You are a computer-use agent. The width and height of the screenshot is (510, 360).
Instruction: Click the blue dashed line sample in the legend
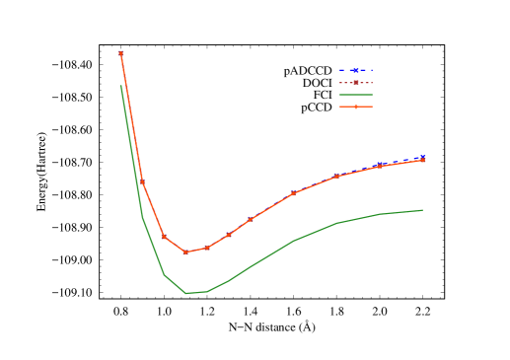[x=355, y=70]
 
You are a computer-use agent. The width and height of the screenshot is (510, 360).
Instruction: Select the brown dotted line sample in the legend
[x=355, y=83]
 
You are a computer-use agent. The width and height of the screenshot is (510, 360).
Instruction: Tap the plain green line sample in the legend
[x=355, y=95]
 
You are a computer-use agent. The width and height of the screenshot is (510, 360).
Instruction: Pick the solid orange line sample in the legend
[x=355, y=107]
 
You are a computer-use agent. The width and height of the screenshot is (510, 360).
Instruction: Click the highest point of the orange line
[x=120, y=53]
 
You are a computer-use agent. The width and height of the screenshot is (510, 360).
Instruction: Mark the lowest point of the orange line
[x=185, y=252]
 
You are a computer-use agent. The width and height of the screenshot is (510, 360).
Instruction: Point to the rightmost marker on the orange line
[x=422, y=160]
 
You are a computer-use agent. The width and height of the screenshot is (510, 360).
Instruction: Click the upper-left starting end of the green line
[x=120, y=86]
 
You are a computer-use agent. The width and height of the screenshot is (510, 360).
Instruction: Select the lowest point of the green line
[x=186, y=293]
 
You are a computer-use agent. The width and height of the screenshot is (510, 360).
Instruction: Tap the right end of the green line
[x=422, y=210]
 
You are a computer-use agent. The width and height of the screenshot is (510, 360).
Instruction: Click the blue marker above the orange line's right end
[x=422, y=156]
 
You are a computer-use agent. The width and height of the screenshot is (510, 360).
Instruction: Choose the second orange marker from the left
[x=142, y=181]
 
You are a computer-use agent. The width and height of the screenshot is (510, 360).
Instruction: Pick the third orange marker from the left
[x=164, y=237]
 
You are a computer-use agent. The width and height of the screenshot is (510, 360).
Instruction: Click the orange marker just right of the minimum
[x=207, y=248]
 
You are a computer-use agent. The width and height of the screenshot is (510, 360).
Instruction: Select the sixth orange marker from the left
[x=229, y=235]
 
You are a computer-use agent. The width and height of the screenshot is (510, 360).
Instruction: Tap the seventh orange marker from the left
[x=251, y=219]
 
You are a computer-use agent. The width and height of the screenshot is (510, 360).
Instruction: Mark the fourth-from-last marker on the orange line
[x=293, y=193]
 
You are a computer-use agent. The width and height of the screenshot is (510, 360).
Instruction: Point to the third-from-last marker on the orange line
[x=336, y=177]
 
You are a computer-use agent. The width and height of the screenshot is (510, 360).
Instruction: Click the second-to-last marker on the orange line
[x=380, y=166]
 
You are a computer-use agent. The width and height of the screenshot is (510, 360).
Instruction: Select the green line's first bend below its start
[x=142, y=217]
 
